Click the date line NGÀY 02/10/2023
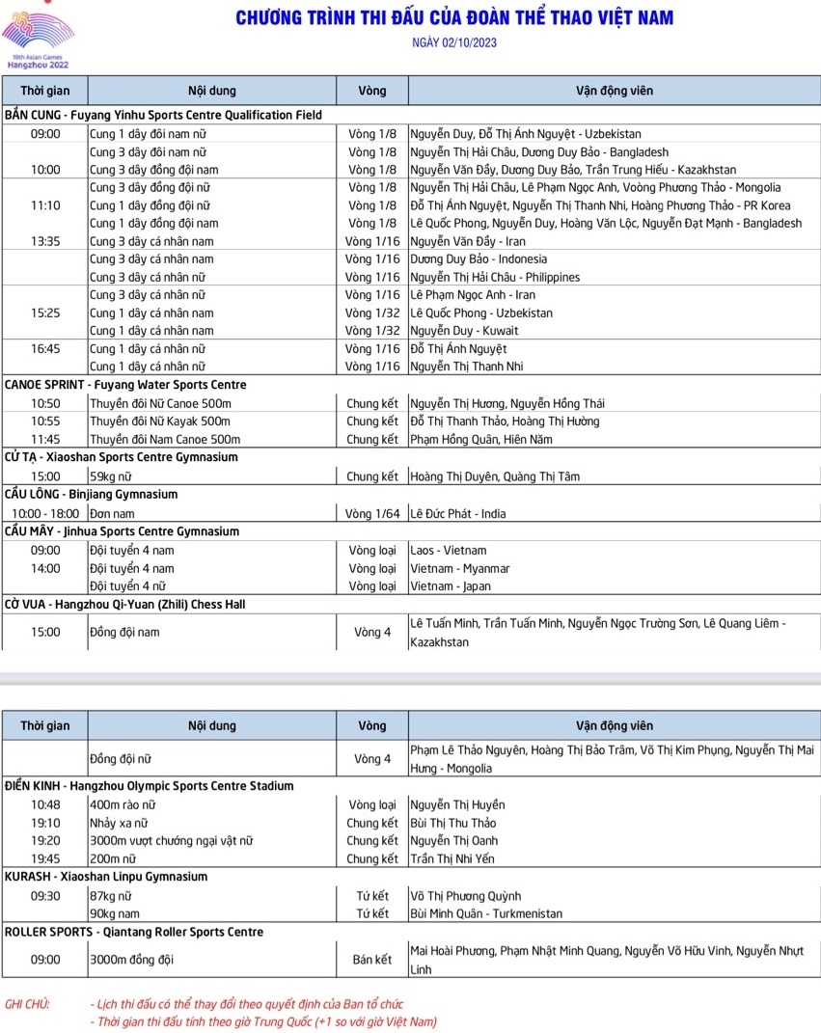454,43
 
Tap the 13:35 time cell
45,241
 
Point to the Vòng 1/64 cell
371,514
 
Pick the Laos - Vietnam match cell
449,551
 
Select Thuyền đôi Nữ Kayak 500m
160,421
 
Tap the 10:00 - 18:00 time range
45,514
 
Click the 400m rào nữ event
123,804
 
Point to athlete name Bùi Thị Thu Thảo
452,823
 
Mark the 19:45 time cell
45,858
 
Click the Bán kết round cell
371,960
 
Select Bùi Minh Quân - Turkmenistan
486,913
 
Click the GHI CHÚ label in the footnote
27,1004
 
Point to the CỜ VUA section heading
125,605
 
